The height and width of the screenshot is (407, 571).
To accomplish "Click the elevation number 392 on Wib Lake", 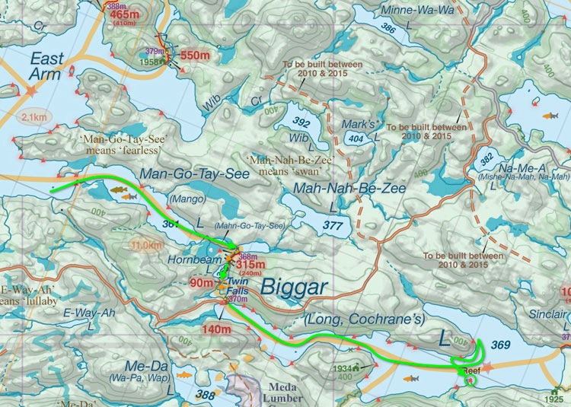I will pos(301,122).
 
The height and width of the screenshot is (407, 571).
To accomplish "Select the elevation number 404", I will pos(355,139).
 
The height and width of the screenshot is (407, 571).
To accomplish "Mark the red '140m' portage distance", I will pos(216,329).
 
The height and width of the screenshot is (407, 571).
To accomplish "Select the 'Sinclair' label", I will pos(547,314).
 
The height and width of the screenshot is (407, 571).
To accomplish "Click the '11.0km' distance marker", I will pos(146,246).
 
